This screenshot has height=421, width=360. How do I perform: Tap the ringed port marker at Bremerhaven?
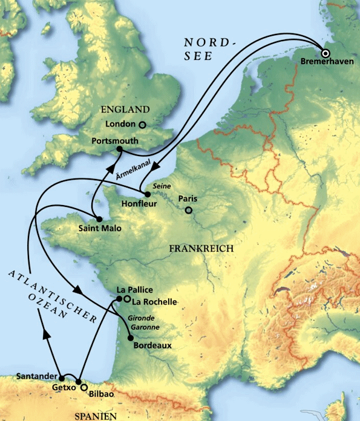coord(326,53)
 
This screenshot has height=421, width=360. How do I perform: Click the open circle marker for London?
coord(143,125)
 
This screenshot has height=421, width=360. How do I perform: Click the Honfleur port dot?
coord(146,195)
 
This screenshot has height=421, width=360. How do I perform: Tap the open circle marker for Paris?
coord(189,211)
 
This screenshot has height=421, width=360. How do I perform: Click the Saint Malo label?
coord(100,229)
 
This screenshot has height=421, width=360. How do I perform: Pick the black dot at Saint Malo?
coord(97,218)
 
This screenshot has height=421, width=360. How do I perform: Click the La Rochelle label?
coord(154,301)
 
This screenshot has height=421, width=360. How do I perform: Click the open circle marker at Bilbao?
coord(85,388)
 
